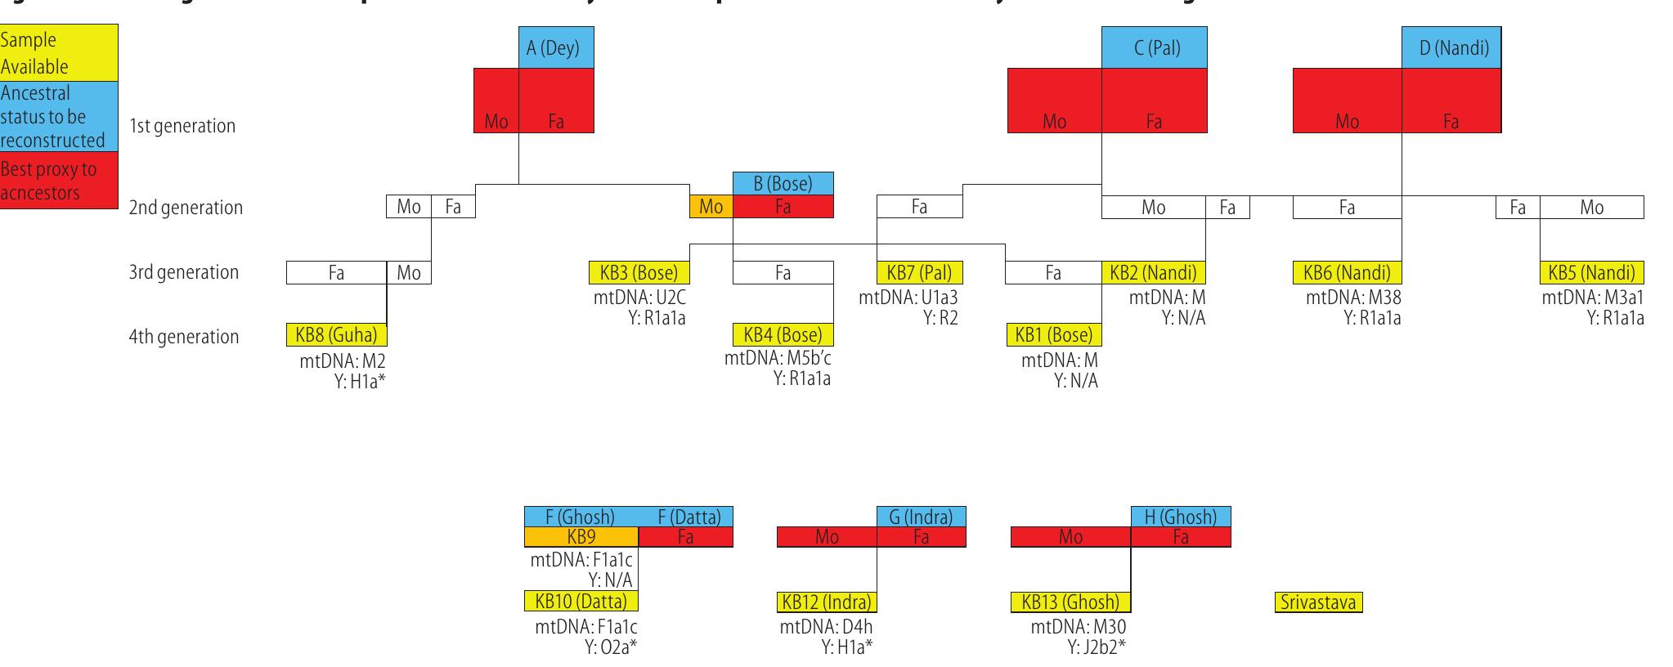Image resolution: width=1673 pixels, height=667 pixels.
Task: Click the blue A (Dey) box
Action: [x=556, y=47]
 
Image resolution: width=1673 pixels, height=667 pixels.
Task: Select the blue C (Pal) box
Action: [x=1154, y=47]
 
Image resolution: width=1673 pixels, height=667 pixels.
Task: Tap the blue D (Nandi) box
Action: [x=1451, y=47]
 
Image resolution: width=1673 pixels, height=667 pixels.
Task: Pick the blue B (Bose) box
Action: [x=783, y=184]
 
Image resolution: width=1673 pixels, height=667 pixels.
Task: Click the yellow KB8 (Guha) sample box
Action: [x=336, y=334]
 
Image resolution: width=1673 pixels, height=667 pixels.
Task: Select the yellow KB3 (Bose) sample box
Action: [x=639, y=272]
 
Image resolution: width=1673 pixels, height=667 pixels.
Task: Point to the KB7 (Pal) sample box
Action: [x=919, y=272]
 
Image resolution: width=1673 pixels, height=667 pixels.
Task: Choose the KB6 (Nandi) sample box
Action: [x=1347, y=272]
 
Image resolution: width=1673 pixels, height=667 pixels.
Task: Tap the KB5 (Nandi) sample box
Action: [x=1591, y=272]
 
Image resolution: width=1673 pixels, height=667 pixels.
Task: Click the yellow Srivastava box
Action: [x=1318, y=602]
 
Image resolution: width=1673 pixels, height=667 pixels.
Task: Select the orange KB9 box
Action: [x=581, y=537]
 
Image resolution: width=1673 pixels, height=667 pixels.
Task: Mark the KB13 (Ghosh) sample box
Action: [x=1070, y=602]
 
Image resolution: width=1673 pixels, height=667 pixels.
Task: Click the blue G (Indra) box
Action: [x=921, y=517]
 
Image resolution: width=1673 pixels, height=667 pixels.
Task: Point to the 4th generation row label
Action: [x=183, y=337]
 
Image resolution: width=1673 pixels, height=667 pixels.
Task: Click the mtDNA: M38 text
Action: [x=1353, y=298]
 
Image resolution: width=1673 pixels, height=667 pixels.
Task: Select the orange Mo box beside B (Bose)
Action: [x=711, y=207]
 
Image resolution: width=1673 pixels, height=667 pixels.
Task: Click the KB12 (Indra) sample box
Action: [x=826, y=602]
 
